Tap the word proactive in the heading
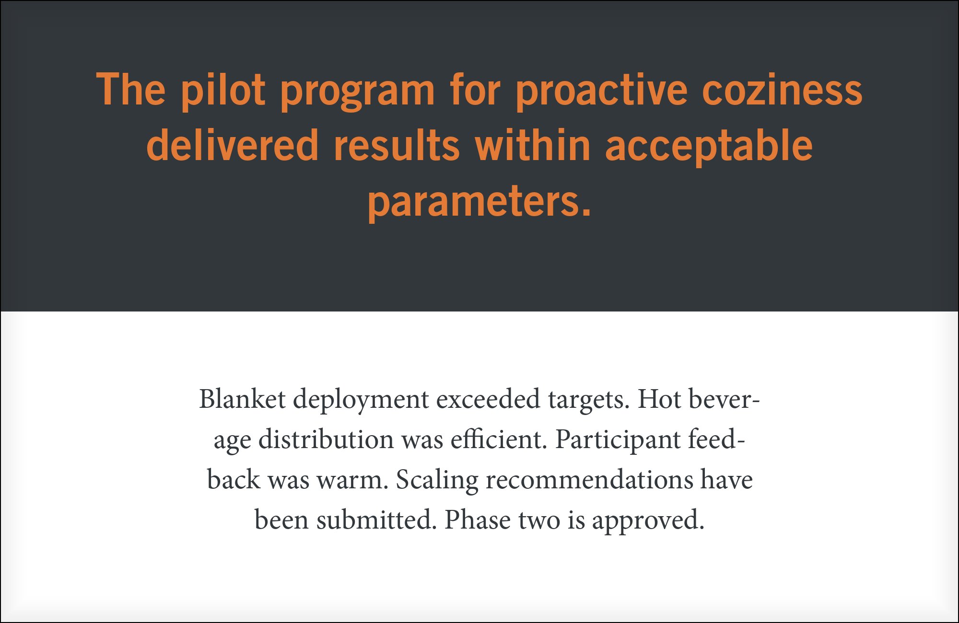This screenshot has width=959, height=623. [x=602, y=91]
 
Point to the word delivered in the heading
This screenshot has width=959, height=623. [x=233, y=145]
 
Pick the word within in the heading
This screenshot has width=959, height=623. [x=533, y=145]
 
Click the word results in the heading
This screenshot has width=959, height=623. [x=397, y=146]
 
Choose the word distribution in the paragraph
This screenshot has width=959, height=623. [x=326, y=439]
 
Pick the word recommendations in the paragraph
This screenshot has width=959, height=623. [x=589, y=480]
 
